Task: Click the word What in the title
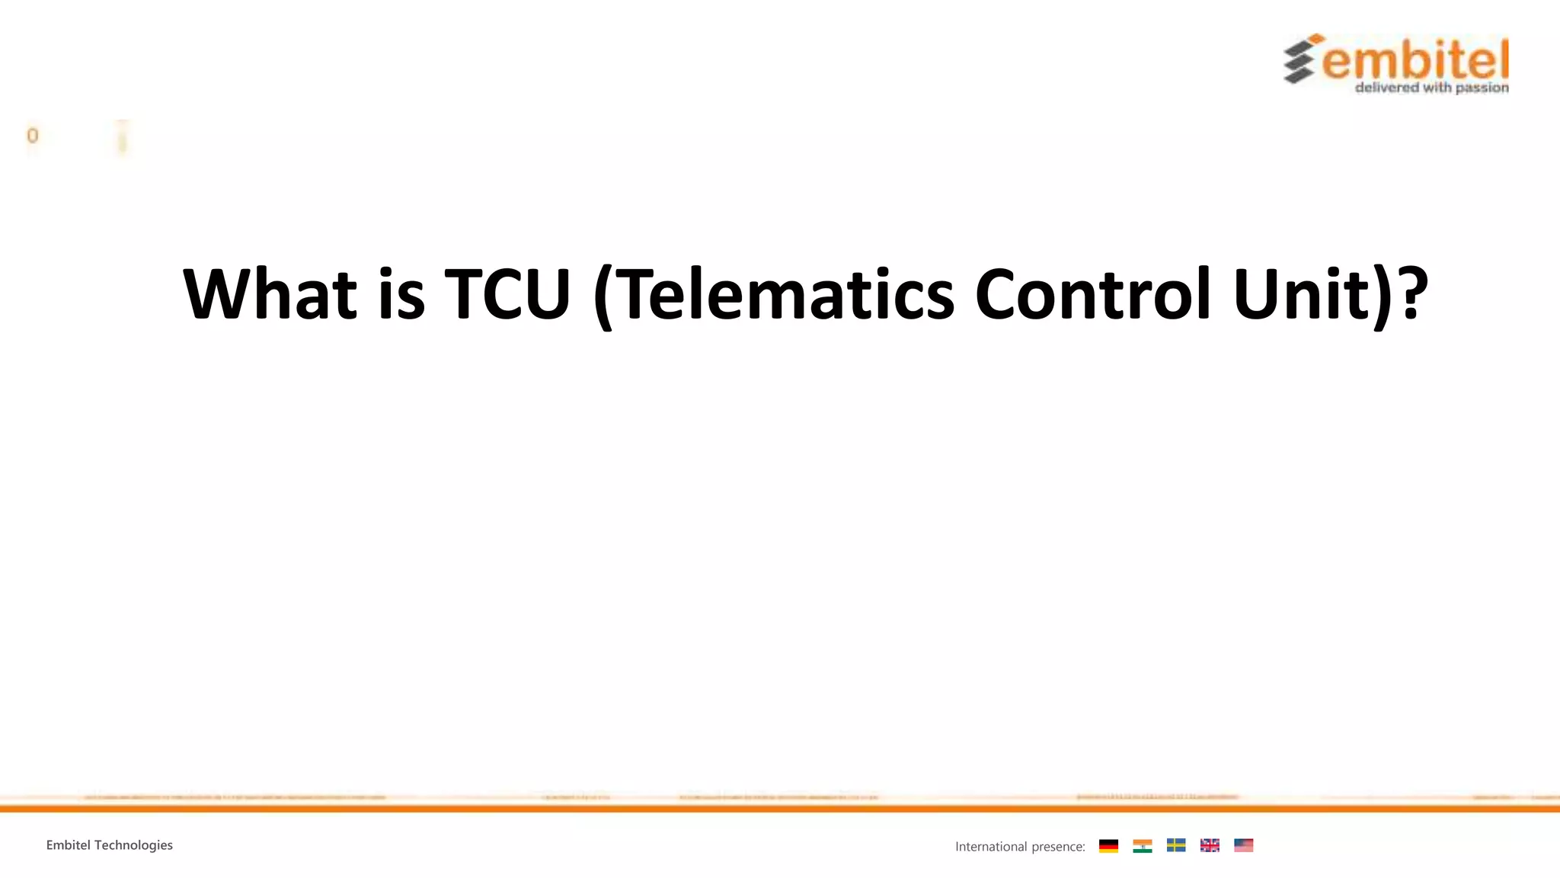[x=270, y=294]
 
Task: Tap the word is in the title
[x=401, y=294]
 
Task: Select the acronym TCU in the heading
[x=507, y=294]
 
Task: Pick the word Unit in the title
[x=1304, y=294]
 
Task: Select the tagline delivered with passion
[x=1432, y=88]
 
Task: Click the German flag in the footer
[x=1108, y=845]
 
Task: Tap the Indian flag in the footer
[x=1142, y=845]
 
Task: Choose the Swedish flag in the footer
[x=1175, y=845]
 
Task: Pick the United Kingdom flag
[x=1210, y=845]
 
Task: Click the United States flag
[x=1243, y=845]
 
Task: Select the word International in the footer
[x=991, y=847]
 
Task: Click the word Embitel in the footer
[x=68, y=845]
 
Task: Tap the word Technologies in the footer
[x=133, y=845]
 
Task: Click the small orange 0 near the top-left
[x=32, y=136]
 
